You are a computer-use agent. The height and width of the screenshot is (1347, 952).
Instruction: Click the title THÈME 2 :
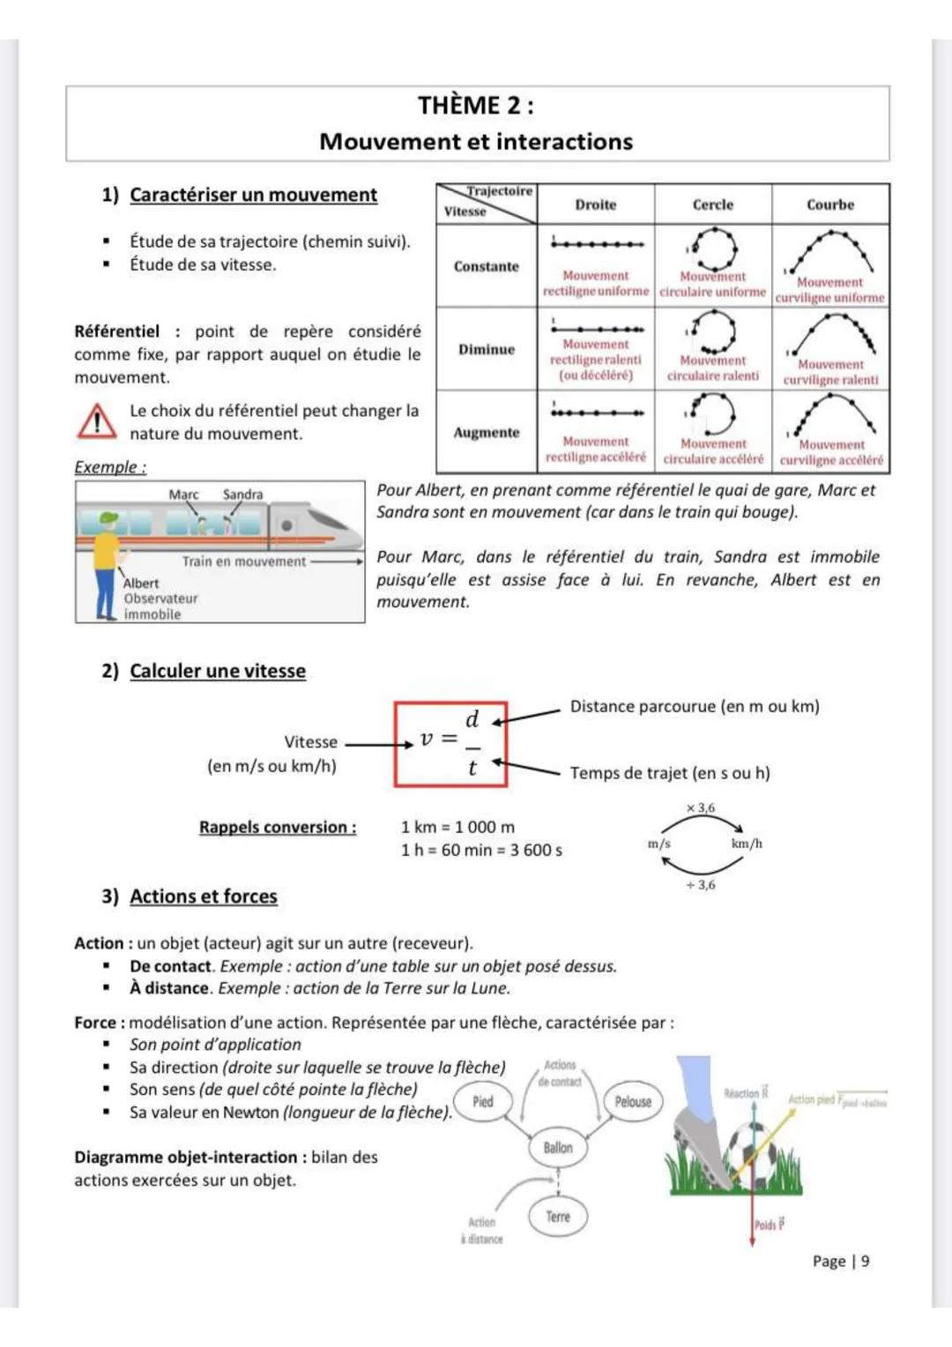tap(476, 106)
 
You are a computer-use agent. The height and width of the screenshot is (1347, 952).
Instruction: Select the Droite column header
tap(596, 205)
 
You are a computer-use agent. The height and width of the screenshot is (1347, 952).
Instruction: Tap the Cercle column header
tap(712, 205)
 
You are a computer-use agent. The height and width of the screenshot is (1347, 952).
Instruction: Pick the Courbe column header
tap(830, 205)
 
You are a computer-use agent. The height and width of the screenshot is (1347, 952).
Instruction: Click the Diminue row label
tap(487, 350)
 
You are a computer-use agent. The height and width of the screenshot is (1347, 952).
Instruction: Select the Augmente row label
tap(487, 433)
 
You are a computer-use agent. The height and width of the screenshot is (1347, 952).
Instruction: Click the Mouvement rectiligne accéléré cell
tap(596, 432)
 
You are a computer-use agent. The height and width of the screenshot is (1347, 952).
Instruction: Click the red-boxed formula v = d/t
tap(450, 744)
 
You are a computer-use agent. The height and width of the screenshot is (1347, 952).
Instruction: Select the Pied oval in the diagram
tap(483, 1102)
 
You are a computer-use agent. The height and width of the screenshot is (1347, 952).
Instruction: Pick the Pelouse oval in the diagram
tap(633, 1102)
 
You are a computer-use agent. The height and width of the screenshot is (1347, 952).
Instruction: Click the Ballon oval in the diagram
tap(558, 1148)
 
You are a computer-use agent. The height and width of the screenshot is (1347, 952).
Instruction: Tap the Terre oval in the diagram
tap(558, 1217)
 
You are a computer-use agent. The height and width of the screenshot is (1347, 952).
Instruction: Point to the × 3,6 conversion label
tap(701, 807)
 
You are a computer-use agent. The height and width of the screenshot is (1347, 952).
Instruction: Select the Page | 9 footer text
tap(841, 1261)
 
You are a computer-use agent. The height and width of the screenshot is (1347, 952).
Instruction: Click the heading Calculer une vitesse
tap(218, 671)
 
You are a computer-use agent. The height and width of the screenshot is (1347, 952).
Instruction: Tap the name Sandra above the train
tap(242, 495)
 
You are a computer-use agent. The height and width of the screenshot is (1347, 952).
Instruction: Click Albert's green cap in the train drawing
tap(108, 518)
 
